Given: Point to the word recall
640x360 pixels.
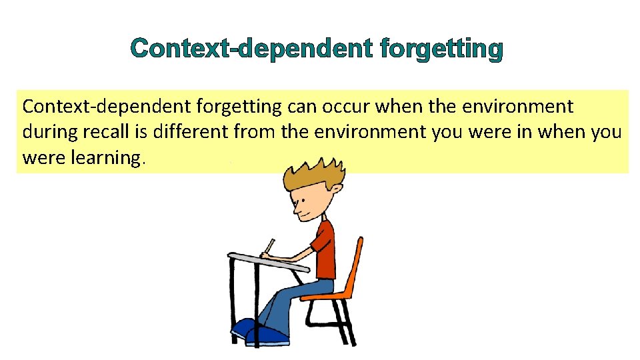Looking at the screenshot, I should click(x=105, y=132).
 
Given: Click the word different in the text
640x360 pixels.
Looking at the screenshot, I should click(x=190, y=132).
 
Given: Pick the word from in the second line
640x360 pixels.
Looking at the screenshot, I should click(x=255, y=132).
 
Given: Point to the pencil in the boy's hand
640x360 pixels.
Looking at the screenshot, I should click(x=269, y=247).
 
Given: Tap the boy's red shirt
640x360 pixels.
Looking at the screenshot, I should click(x=325, y=250).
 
